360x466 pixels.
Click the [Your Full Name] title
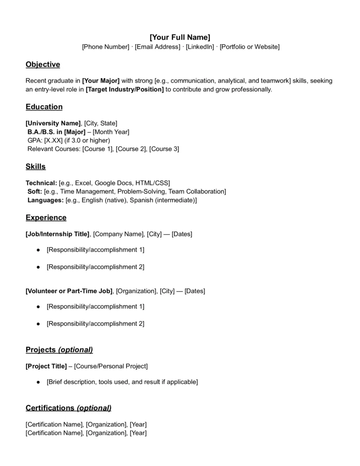[180, 37]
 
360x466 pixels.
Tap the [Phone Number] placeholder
[106, 47]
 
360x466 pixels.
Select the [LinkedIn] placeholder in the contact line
[200, 47]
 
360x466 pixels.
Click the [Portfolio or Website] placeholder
[249, 47]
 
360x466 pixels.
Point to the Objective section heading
[43, 65]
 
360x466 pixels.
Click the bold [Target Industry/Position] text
[125, 89]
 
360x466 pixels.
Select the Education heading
[44, 107]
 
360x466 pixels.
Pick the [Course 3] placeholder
[164, 149]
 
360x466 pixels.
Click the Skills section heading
[35, 167]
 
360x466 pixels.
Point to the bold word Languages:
[46, 200]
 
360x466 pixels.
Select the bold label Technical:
[41, 183]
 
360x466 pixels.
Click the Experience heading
[46, 218]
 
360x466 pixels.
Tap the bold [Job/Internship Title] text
[58, 234]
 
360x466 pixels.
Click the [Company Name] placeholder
[118, 234]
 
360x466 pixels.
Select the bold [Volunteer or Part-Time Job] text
[69, 291]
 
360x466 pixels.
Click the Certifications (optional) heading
[68, 408]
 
